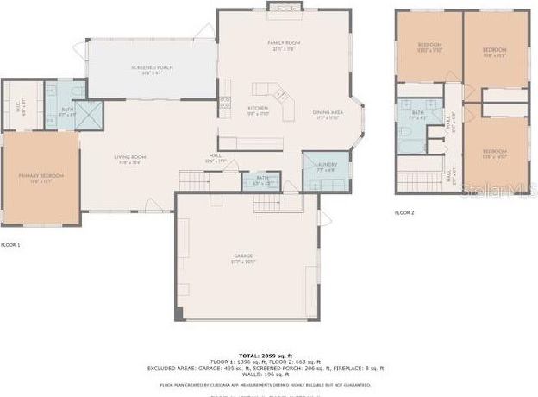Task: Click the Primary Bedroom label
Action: click(x=41, y=178)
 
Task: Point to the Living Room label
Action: click(x=131, y=159)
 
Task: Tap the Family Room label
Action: click(x=283, y=45)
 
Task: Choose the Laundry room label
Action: click(x=325, y=167)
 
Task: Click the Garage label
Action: click(x=244, y=259)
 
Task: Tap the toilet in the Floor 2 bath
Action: click(x=404, y=132)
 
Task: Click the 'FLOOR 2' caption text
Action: click(x=405, y=212)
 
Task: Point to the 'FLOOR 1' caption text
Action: click(x=10, y=245)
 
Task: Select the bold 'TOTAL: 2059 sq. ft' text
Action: click(x=267, y=355)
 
